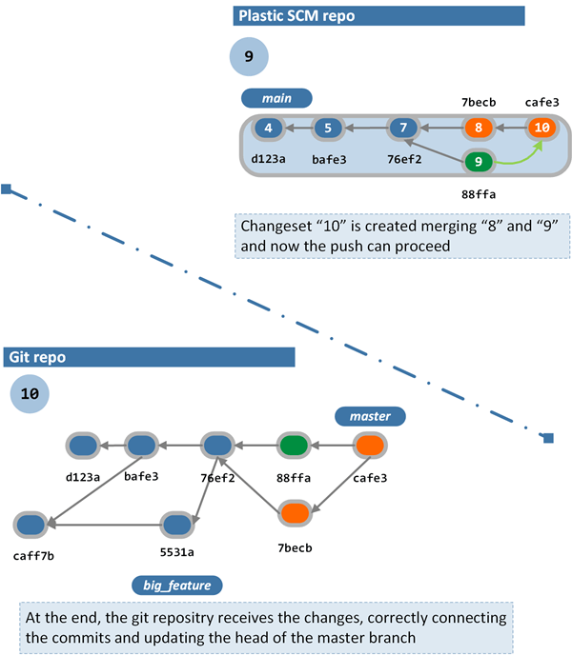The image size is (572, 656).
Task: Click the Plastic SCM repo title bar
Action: click(378, 16)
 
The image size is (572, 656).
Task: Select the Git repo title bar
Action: click(149, 357)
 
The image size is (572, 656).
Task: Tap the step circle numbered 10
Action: click(30, 392)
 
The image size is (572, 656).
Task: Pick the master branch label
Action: click(369, 416)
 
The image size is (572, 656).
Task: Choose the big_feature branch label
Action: click(177, 584)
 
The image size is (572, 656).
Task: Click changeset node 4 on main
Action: click(270, 129)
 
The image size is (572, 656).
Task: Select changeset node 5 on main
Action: click(327, 129)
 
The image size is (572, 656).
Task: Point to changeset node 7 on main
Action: click(403, 129)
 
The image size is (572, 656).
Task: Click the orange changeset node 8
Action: click(479, 129)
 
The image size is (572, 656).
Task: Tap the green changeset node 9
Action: click(479, 162)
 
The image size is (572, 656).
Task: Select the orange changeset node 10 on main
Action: click(541, 129)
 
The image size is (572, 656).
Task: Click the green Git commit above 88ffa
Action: click(295, 445)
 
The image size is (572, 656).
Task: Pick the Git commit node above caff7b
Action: click(31, 524)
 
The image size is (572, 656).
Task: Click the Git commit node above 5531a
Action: click(176, 524)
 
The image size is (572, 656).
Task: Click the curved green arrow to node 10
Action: click(524, 155)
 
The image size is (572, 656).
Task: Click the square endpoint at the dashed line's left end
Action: click(6, 189)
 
